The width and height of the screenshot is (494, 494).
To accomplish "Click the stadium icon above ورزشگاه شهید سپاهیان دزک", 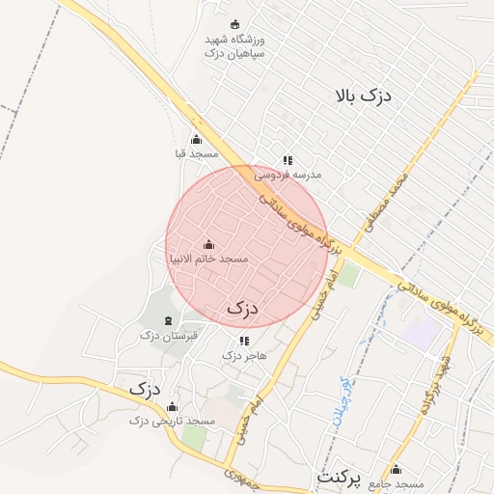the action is pyautogui.click(x=234, y=25).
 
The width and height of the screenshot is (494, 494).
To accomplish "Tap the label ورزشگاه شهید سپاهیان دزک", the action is pyautogui.click(x=234, y=47).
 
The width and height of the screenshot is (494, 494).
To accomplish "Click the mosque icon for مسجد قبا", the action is pyautogui.click(x=197, y=140).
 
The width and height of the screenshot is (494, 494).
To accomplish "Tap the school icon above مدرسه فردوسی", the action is pyautogui.click(x=287, y=160).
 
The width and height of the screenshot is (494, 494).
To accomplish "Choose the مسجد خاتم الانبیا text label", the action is pyautogui.click(x=208, y=260).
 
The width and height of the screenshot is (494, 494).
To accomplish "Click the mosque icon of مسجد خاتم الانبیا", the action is pyautogui.click(x=208, y=245).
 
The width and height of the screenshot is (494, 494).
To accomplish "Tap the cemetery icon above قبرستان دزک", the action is pyautogui.click(x=169, y=320).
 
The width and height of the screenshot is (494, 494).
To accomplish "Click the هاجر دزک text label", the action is pyautogui.click(x=243, y=356).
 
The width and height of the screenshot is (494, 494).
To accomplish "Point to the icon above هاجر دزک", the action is pyautogui.click(x=243, y=341).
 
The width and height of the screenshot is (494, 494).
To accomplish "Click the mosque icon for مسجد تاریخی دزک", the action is pyautogui.click(x=172, y=406).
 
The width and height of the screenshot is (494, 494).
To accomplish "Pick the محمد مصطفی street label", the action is pyautogui.click(x=383, y=203).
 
